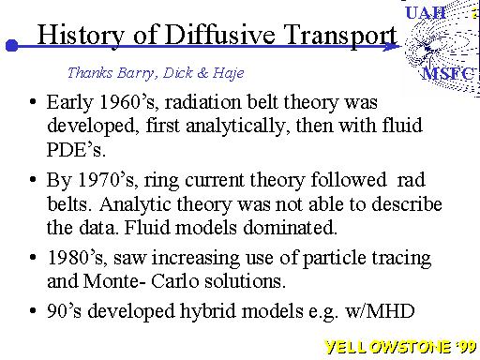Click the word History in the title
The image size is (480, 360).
[x=81, y=35]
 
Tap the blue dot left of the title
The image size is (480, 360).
[x=12, y=46]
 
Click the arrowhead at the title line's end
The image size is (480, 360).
[x=392, y=46]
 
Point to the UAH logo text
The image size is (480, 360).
[x=426, y=13]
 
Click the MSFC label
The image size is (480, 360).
[x=448, y=74]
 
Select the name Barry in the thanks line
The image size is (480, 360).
[x=136, y=73]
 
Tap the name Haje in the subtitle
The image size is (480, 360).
[x=229, y=73]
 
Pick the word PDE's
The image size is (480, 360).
[x=76, y=149]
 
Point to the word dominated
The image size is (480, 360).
[x=290, y=227]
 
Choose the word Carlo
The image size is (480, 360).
[x=175, y=281]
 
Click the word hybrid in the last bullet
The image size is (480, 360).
[x=207, y=311]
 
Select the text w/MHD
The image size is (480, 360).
[x=380, y=311]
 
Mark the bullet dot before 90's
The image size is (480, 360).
[x=33, y=311]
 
